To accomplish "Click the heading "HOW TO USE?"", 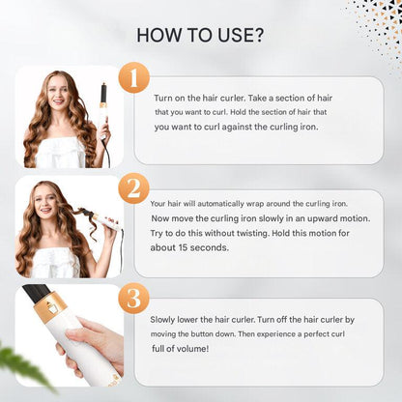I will (x=200, y=36).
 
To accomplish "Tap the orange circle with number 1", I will (x=133, y=77).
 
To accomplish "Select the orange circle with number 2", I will (x=133, y=187).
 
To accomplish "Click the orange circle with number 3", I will (x=133, y=297).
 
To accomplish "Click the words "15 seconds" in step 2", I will (x=198, y=247).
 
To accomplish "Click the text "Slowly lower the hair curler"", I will (x=205, y=318).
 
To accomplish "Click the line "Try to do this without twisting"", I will (x=221, y=233).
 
